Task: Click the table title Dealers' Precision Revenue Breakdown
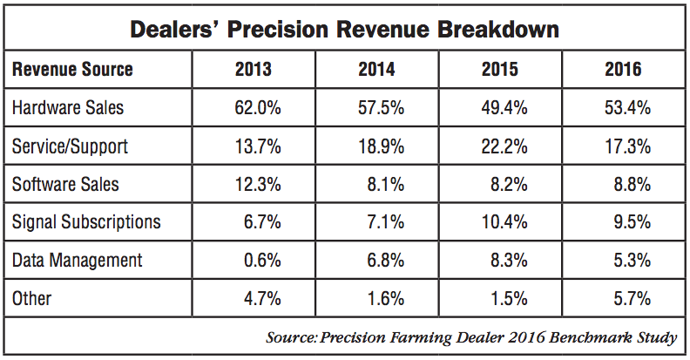(344, 29)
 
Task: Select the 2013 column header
(254, 70)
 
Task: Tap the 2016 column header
(623, 70)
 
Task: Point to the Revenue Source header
(72, 70)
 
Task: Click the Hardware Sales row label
(68, 108)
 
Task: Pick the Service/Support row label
(71, 146)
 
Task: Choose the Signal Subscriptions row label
(86, 222)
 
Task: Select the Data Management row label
(78, 261)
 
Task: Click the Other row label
(31, 299)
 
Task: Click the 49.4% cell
(504, 108)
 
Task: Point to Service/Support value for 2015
(504, 146)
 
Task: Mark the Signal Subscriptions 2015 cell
(504, 222)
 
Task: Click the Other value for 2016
(631, 299)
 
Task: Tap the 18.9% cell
(381, 146)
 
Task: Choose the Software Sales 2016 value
(631, 185)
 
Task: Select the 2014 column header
(376, 70)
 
